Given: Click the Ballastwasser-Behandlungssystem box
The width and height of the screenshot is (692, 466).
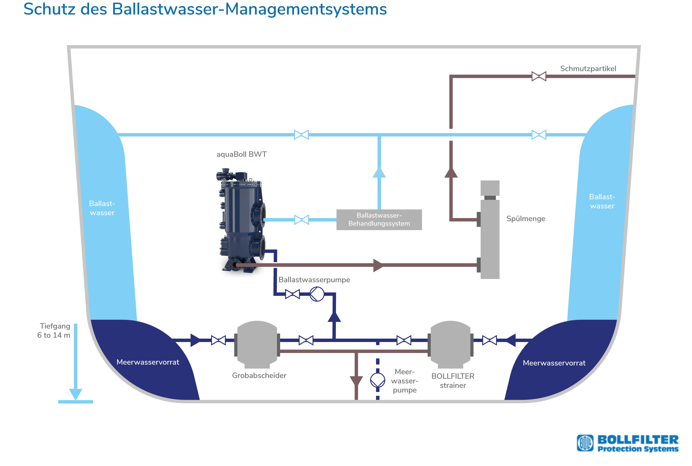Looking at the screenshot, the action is click(379, 220).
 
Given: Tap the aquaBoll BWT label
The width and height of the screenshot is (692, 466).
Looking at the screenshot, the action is click(241, 154).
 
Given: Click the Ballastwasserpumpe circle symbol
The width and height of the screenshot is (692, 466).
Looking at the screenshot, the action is click(317, 294).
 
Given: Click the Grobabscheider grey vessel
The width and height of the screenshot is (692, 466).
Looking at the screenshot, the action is click(257, 345).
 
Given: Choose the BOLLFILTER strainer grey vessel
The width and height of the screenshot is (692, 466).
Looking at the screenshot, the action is click(450, 345).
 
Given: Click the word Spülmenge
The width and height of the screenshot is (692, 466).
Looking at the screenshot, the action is click(526, 219).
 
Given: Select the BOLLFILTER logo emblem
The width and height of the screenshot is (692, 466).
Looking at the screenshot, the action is click(585, 443).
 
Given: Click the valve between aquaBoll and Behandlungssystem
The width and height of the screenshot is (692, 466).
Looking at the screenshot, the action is click(301, 220).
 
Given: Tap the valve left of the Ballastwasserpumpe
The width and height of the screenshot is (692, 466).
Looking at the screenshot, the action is click(292, 294).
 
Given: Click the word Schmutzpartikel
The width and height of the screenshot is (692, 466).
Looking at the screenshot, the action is click(588, 69).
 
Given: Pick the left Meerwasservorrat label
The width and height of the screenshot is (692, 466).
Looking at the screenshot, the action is click(148, 362).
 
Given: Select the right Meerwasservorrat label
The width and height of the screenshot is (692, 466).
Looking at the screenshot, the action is click(554, 363).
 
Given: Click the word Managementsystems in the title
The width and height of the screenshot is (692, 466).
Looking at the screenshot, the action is click(306, 9).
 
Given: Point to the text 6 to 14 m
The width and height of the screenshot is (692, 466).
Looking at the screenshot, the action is click(54, 335).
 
